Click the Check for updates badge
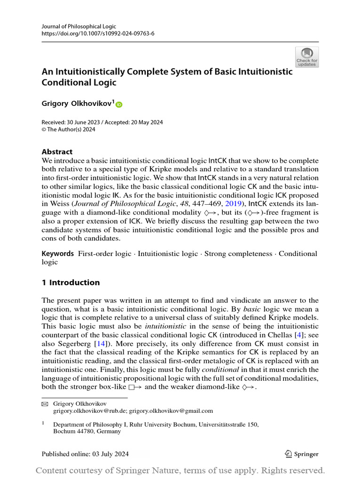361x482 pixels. (307, 57)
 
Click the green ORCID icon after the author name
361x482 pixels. (118, 104)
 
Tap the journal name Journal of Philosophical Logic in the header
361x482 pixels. (79, 26)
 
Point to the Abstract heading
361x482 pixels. (57, 152)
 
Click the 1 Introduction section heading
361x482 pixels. (71, 282)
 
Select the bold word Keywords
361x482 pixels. (58, 254)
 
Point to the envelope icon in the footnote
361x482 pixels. (45, 404)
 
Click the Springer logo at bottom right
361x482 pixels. (302, 454)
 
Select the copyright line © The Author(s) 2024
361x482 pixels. (69, 129)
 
